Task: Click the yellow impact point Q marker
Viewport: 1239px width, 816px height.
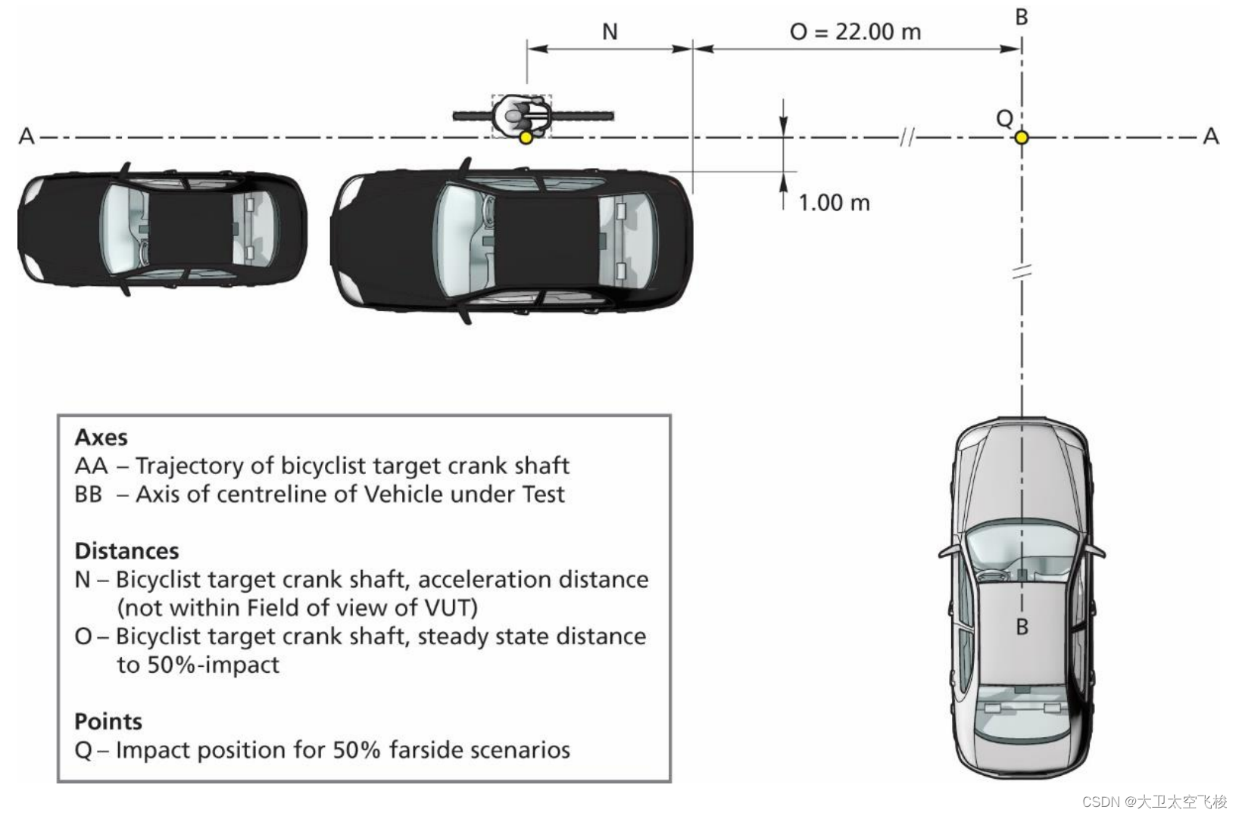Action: coord(1022,137)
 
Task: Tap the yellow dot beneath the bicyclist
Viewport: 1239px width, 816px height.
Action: coord(526,138)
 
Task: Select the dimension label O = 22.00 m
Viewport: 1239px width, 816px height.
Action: coord(855,32)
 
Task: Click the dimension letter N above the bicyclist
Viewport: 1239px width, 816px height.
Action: coord(610,32)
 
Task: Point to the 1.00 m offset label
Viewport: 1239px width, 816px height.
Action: coord(834,203)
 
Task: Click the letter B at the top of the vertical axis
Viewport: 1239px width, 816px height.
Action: coord(1022,17)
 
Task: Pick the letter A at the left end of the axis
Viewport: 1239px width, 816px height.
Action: coord(27,136)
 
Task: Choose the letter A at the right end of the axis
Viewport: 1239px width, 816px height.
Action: coord(1211,136)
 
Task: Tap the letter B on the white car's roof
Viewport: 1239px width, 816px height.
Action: coord(1022,628)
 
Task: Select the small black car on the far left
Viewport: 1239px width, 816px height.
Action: coord(162,228)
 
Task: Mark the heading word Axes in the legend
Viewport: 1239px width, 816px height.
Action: coord(101,438)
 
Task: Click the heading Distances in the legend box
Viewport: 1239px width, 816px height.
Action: coord(126,551)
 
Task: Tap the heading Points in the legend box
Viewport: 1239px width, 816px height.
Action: coord(108,721)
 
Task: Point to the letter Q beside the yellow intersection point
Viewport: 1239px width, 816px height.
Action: coord(1004,119)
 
